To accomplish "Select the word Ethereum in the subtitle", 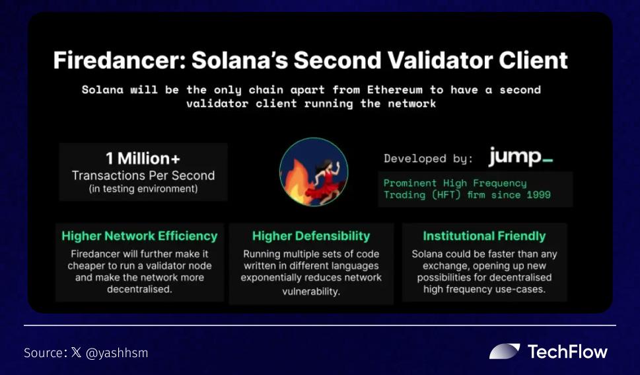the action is click(395, 89).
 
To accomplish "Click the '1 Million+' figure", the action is click(143, 158).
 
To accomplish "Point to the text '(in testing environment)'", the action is click(143, 189).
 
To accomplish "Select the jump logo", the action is click(521, 157).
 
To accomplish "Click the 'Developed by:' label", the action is click(428, 159).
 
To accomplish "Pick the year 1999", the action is click(538, 194).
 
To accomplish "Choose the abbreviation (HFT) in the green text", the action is click(446, 194).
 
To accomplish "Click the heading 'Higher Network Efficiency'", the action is click(139, 236).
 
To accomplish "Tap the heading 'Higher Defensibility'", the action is click(311, 236).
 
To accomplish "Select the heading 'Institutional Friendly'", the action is click(484, 236).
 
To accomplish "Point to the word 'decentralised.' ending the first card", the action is click(139, 289).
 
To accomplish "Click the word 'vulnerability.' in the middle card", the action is click(311, 292).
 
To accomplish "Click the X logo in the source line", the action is click(77, 353).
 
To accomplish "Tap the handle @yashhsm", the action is click(117, 353).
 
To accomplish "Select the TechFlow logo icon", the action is click(505, 351).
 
